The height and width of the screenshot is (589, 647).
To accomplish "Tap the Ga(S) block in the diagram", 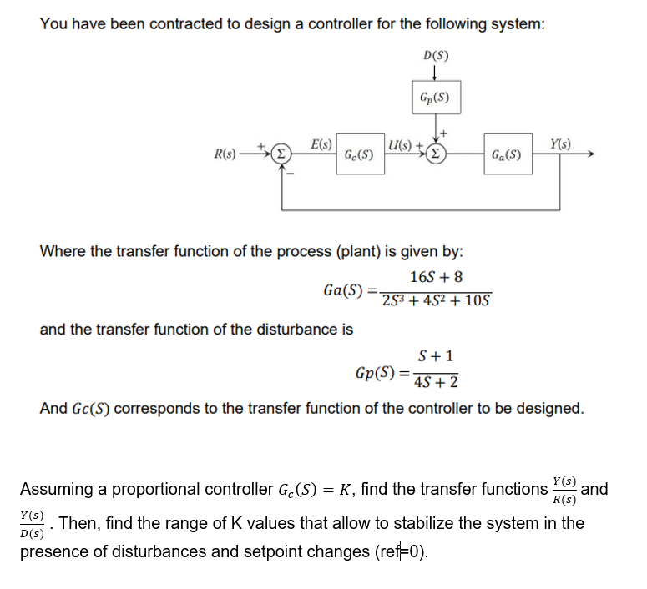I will click(x=507, y=154).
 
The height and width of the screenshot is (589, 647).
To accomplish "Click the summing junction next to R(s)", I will click(x=282, y=154).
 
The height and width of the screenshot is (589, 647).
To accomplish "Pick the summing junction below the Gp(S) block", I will click(x=436, y=154).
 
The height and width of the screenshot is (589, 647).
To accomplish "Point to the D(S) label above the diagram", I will click(x=436, y=57).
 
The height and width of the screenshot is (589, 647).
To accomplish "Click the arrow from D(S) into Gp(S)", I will click(x=436, y=73).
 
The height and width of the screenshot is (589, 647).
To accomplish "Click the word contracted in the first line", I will click(x=200, y=23).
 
